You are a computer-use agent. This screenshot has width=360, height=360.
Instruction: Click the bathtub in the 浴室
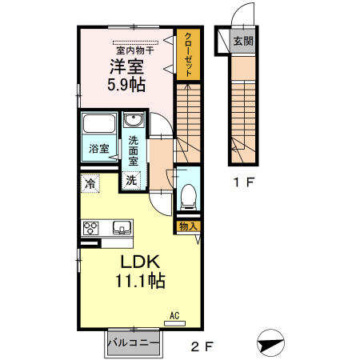(x=100, y=126)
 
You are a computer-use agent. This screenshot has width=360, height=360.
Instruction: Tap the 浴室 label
(x=99, y=148)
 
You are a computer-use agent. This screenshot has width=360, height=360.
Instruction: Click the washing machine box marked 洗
(x=131, y=180)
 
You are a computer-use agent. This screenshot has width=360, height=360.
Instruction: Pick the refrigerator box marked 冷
(x=90, y=184)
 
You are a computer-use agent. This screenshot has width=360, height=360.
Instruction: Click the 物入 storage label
(x=188, y=227)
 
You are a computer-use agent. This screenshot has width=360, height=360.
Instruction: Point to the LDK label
(x=142, y=263)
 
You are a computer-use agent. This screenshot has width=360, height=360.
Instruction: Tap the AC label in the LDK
(x=174, y=316)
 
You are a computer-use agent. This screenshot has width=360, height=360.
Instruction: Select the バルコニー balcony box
(x=134, y=342)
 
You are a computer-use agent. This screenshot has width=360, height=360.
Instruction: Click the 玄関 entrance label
(x=242, y=42)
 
